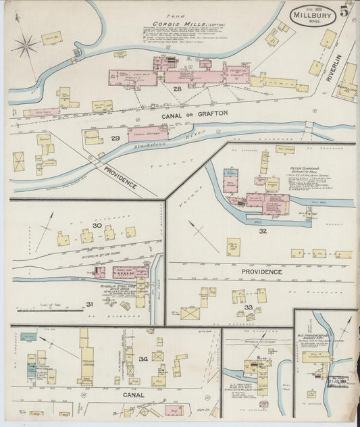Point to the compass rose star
(26, 47)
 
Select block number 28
(178, 89)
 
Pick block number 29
(115, 139)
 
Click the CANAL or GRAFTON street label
(195, 114)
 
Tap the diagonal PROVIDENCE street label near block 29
(120, 176)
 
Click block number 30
(97, 226)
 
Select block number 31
(88, 304)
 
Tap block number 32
(262, 231)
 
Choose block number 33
(247, 307)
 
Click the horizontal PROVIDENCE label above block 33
(262, 272)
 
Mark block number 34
(143, 358)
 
